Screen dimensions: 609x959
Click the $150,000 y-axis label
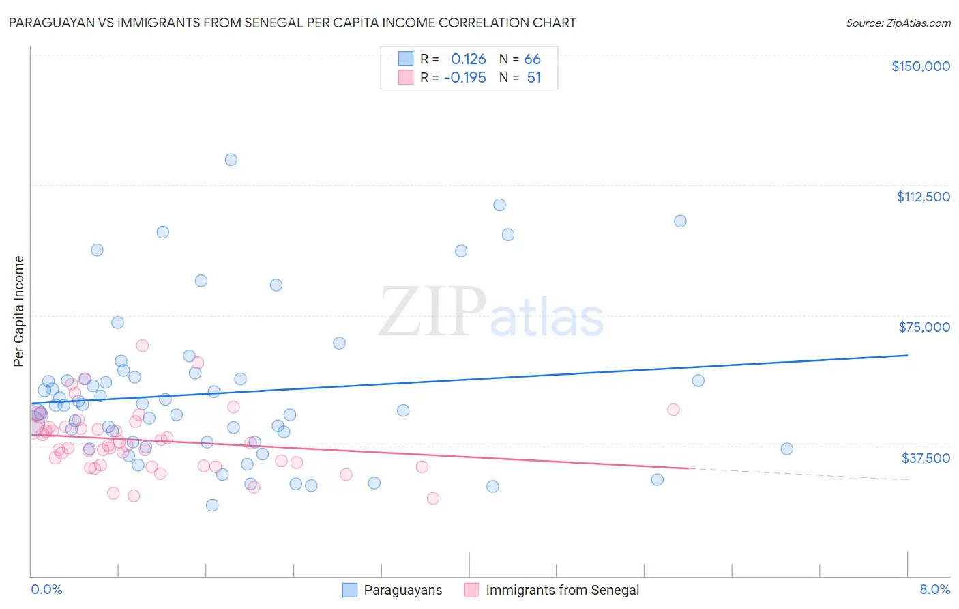[x=920, y=66]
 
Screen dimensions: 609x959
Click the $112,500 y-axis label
[x=923, y=197]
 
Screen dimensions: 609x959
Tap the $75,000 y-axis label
[x=924, y=327]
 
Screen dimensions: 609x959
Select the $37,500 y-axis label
[x=925, y=458]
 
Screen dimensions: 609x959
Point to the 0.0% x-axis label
[x=46, y=589]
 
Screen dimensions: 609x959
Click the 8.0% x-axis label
[x=934, y=589]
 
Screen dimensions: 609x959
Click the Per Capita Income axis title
[x=19, y=311]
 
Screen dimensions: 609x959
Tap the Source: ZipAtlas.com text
[x=898, y=23]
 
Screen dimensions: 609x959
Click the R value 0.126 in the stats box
[x=468, y=59]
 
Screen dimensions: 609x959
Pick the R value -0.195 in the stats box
[x=464, y=78]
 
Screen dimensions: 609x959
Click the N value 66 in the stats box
[x=532, y=59]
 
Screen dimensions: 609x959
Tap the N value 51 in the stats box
[x=533, y=78]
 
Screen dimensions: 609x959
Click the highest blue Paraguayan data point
[x=231, y=160]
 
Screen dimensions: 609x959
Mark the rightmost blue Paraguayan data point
[x=786, y=449]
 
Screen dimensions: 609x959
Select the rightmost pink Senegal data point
[x=673, y=410]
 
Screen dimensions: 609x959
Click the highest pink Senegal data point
[x=142, y=345]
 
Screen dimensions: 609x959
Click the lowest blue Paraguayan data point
[x=212, y=505]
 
